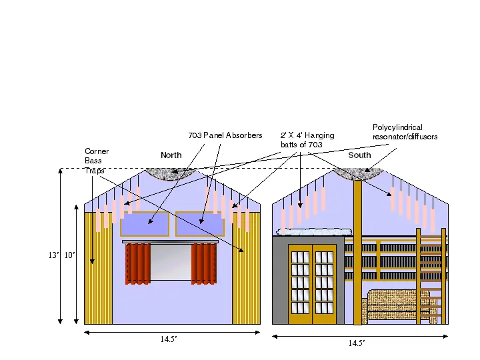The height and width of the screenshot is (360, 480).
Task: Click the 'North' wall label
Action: [x=171, y=155]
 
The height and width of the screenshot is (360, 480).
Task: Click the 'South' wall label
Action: [x=359, y=155]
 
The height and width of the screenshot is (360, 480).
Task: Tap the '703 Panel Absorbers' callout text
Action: [x=225, y=135]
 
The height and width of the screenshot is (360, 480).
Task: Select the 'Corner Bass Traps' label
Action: [x=97, y=161]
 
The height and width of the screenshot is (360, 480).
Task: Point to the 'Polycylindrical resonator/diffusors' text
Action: [x=405, y=132]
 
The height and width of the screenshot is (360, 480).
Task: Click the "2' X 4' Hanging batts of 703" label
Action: [x=307, y=140]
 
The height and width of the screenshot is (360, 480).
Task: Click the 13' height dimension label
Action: [x=53, y=255]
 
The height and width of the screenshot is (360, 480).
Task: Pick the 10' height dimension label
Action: [x=70, y=255]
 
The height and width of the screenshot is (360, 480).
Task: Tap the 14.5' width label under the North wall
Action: [x=169, y=339]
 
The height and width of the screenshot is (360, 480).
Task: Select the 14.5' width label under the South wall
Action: [x=357, y=343]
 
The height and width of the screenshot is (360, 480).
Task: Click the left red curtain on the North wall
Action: [x=138, y=263]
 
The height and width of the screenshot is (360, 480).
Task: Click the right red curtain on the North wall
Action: [x=204, y=263]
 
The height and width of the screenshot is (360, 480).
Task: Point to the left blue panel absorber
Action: [x=145, y=224]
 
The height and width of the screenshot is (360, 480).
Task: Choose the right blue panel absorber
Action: [x=200, y=224]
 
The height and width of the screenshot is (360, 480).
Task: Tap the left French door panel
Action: [x=300, y=284]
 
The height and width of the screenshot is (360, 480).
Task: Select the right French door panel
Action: [x=324, y=284]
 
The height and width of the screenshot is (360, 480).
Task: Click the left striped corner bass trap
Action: [x=98, y=268]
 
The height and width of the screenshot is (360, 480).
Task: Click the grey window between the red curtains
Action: [x=171, y=263]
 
